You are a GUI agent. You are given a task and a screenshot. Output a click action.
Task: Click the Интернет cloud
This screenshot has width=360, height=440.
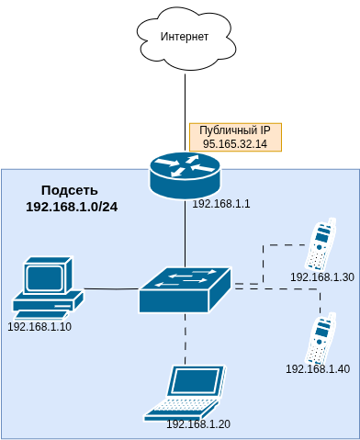click(x=185, y=37)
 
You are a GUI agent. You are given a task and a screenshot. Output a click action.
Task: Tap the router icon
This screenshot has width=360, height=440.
click(x=185, y=175)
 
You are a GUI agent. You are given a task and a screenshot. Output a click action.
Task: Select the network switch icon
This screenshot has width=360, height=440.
click(x=185, y=289)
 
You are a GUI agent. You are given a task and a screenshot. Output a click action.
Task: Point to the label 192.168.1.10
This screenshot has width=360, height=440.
click(x=39, y=326)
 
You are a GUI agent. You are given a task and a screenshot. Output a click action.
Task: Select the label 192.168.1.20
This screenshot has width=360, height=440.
click(x=197, y=423)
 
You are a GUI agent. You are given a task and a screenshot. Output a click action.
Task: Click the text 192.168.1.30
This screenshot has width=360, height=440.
click(x=321, y=276)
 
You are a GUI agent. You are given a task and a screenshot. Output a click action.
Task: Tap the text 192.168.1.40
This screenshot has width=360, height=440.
click(x=318, y=369)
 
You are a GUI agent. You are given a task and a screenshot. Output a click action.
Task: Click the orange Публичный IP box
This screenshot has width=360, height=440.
click(x=234, y=137)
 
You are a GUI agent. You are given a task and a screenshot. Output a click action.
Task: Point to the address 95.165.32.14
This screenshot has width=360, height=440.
click(x=234, y=144)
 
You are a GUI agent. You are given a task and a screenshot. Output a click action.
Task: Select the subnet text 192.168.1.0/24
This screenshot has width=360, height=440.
click(x=72, y=208)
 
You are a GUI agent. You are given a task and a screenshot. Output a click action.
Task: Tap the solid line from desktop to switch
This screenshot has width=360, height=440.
click(x=110, y=288)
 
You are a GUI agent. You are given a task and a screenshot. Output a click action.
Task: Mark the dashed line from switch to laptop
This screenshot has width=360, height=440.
click(x=185, y=340)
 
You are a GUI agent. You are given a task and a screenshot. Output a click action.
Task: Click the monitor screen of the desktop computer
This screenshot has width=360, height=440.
click(x=45, y=276)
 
